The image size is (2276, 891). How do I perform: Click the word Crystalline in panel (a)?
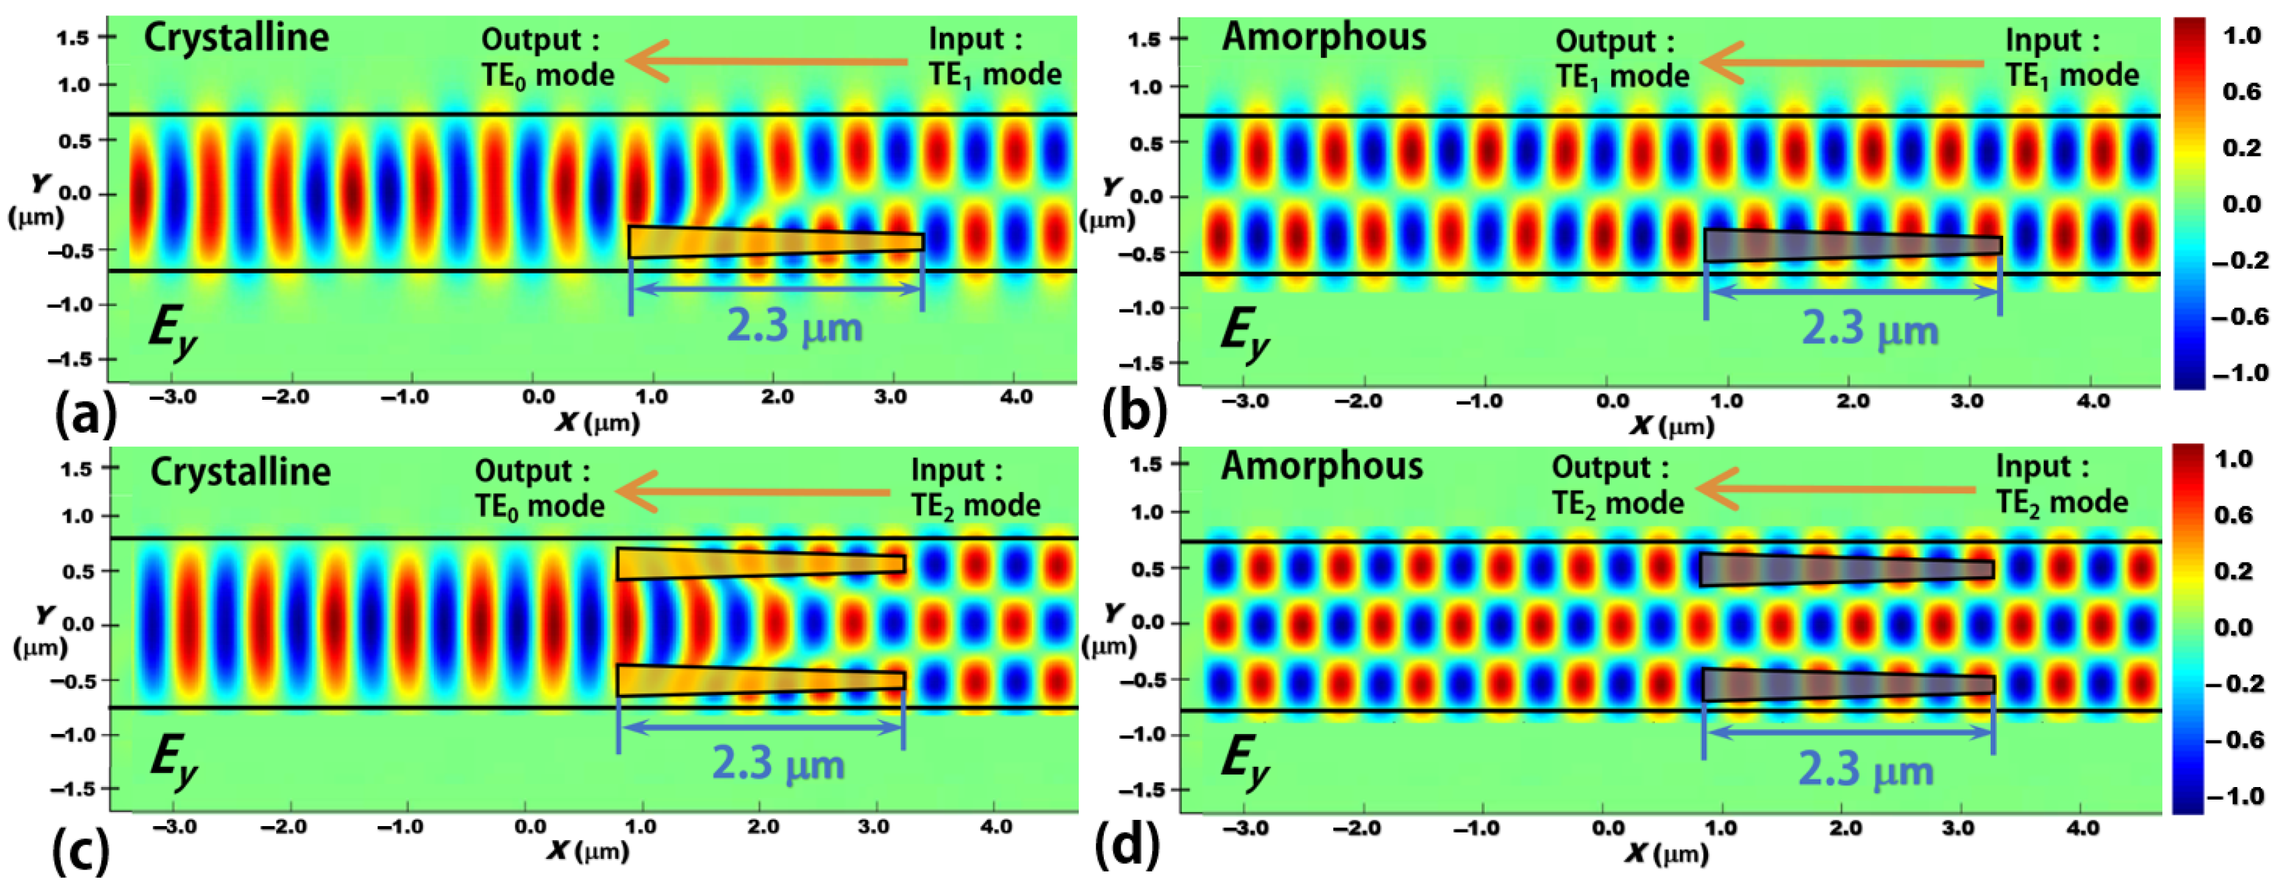click(x=236, y=37)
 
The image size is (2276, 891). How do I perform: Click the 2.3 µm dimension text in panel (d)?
click(x=1865, y=769)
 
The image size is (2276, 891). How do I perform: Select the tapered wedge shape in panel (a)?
click(x=776, y=242)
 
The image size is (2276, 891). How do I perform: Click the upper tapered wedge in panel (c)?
click(x=760, y=564)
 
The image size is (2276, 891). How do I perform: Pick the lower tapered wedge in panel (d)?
click(x=1847, y=685)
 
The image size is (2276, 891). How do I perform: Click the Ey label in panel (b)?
click(x=1244, y=336)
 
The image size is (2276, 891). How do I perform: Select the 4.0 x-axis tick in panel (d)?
click(x=2083, y=828)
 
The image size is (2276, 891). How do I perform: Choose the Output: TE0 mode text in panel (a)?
click(x=547, y=57)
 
